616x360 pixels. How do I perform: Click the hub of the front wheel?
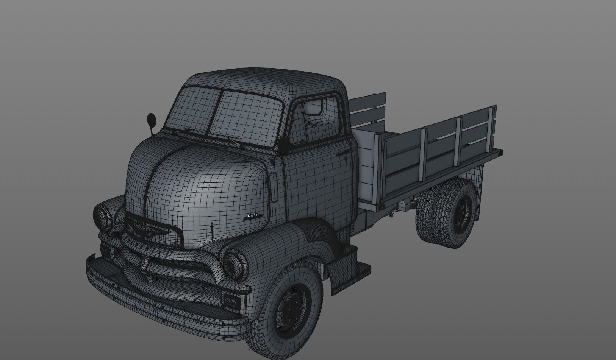click(294, 310)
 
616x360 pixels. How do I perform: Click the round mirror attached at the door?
click(283, 145)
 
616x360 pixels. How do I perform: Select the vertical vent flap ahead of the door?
click(274, 187)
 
